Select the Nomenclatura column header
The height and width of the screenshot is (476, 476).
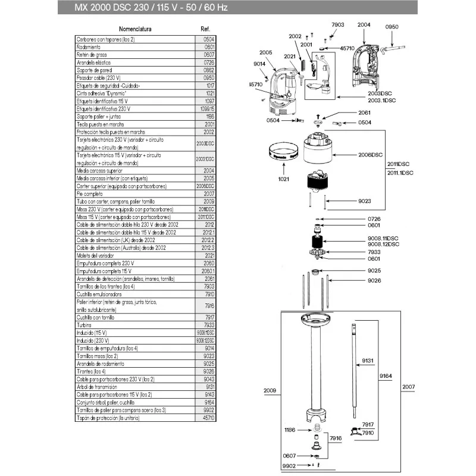point(136,29)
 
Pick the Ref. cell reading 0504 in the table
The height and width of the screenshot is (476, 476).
point(209,39)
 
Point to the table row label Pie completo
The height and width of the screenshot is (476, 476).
point(90,194)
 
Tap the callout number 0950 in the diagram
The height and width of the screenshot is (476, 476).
point(392,27)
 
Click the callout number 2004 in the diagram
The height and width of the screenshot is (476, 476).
point(364,24)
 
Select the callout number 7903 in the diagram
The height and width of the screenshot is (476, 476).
point(337,24)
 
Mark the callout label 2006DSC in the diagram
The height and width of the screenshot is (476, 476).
point(370,155)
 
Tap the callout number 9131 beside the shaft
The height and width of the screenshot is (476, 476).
point(368,361)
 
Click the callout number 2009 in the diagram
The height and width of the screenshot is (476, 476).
point(270,391)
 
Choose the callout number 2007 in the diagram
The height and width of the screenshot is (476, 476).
point(409,387)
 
